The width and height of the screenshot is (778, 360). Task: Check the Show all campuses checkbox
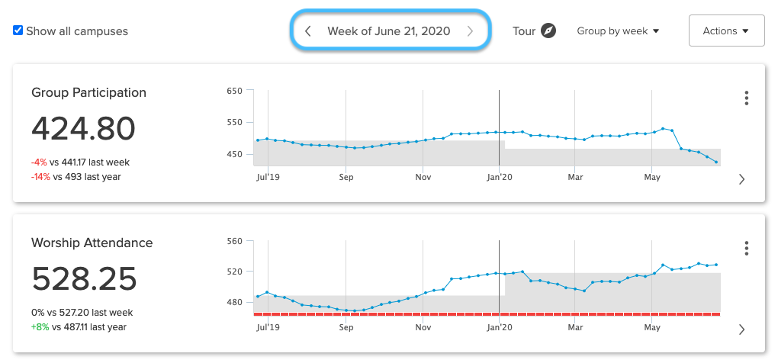[18, 31]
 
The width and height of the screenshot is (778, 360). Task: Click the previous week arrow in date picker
[307, 31]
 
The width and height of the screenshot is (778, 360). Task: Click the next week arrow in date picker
[470, 31]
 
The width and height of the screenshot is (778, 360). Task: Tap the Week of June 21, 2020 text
[388, 31]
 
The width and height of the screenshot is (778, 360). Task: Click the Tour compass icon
[548, 31]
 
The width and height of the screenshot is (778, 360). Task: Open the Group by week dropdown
[618, 31]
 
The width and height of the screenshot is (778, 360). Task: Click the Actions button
[726, 31]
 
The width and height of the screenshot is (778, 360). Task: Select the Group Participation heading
[88, 92]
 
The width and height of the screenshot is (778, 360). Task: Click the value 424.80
[83, 129]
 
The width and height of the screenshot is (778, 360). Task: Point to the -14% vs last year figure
[40, 177]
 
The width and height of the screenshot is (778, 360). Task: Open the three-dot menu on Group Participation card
[746, 98]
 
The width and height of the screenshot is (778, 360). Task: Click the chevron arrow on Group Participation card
[741, 179]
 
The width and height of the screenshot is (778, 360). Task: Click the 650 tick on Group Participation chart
[234, 91]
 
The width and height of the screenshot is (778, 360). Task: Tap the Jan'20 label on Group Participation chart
[499, 177]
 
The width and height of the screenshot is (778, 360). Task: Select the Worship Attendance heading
[92, 243]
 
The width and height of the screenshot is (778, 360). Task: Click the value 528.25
[84, 279]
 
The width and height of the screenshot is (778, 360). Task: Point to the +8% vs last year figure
[40, 327]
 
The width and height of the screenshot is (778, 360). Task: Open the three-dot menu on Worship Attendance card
[746, 249]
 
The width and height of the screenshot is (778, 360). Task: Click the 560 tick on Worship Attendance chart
[234, 241]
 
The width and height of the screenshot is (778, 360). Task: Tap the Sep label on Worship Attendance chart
[346, 327]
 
